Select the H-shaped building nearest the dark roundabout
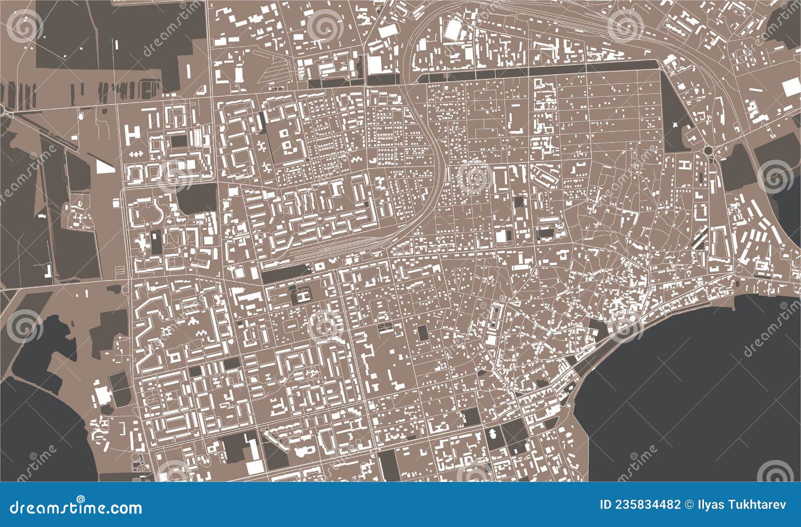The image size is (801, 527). (683, 165)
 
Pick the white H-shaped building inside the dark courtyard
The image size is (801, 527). (302, 296)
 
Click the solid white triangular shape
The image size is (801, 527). (104, 167)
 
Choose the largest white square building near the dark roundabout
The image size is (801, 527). (791, 87)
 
